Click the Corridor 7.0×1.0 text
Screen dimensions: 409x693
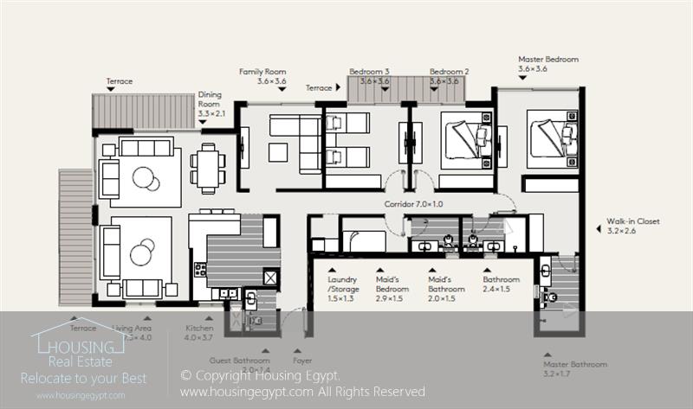tap(413, 205)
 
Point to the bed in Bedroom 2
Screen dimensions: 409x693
tap(466, 139)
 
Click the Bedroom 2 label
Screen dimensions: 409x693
tap(449, 72)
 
